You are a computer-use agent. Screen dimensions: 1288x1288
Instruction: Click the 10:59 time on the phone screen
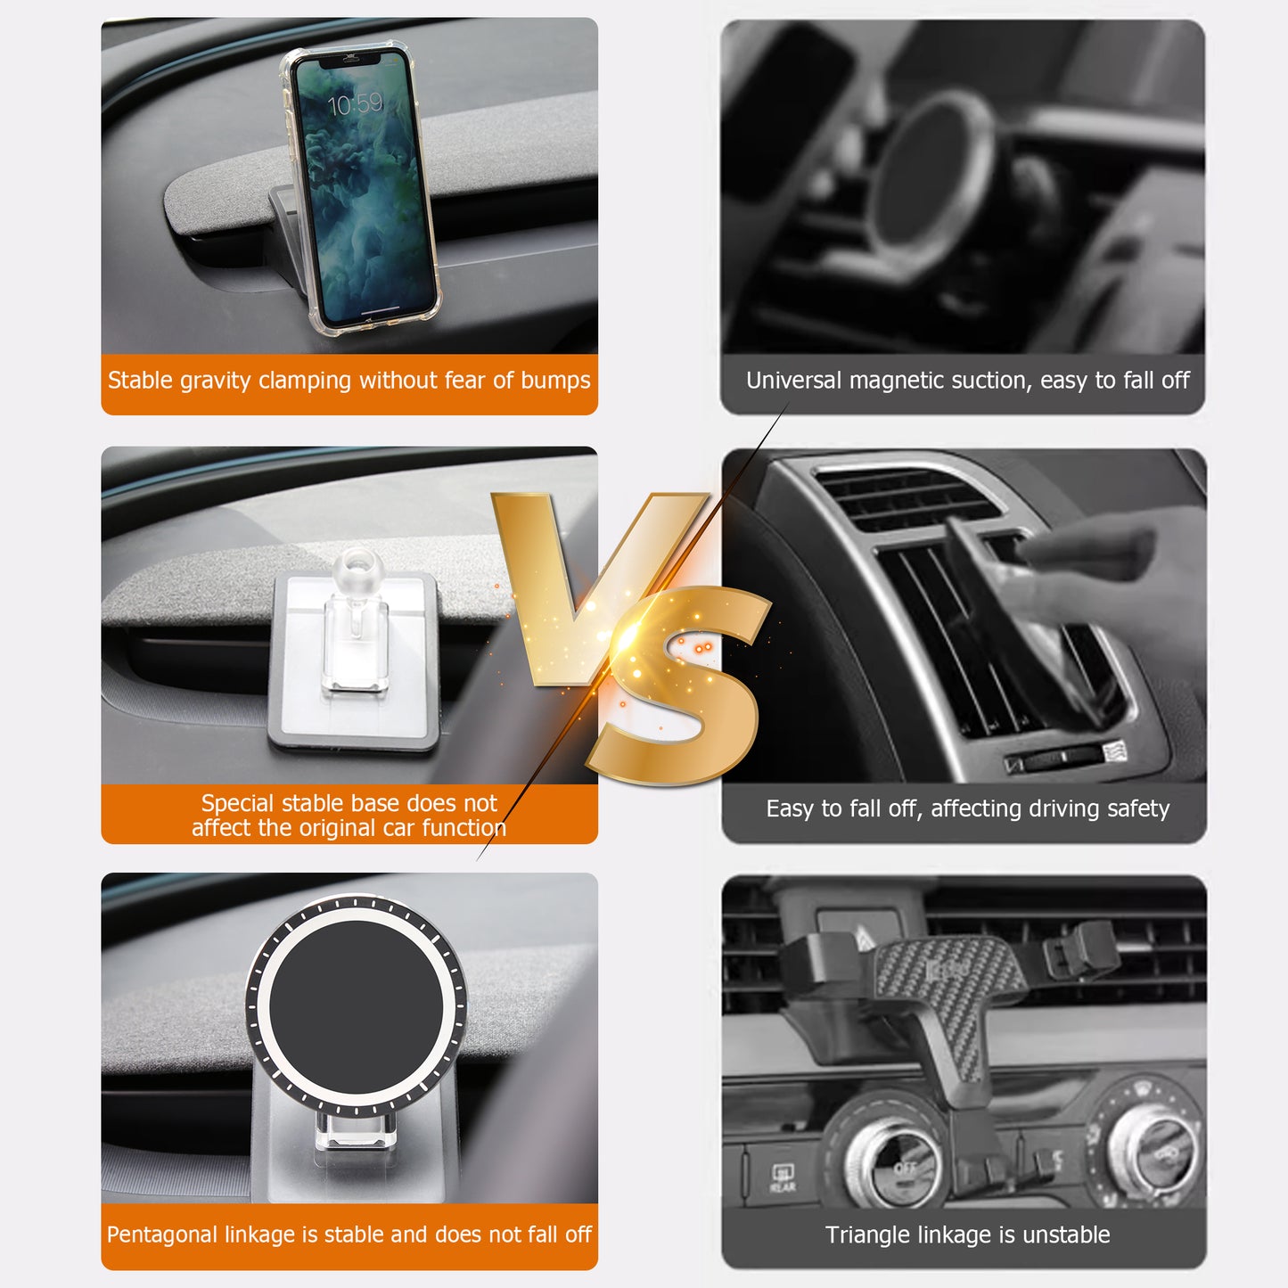pos(355,104)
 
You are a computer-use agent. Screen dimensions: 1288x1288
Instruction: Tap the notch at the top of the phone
pos(350,60)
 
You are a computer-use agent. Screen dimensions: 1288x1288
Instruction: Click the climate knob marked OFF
pos(894,1164)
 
